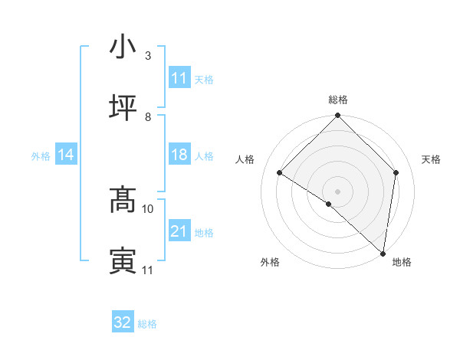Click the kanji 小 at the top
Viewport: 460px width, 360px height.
coord(123,47)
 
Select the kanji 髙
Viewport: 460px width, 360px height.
coord(123,201)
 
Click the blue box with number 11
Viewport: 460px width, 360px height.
coord(179,78)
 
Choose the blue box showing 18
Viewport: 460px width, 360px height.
coord(179,155)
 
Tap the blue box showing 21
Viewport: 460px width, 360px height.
coord(179,231)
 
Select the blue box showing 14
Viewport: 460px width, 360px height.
coord(66,155)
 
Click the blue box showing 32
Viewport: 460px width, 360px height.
coord(123,322)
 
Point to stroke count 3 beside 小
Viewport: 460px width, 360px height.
coord(147,56)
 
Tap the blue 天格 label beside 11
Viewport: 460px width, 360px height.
coord(204,79)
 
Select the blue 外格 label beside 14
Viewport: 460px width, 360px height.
coord(41,155)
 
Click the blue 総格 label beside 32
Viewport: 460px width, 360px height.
coord(147,323)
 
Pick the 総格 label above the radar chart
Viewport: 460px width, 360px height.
coord(337,100)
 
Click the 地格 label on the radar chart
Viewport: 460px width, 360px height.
coord(402,263)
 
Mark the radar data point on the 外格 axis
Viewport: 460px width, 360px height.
coord(328,204)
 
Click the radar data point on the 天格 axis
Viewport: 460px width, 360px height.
coord(396,172)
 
